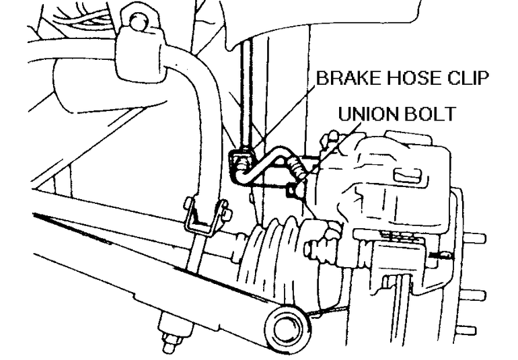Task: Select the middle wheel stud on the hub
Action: pyautogui.click(x=476, y=293)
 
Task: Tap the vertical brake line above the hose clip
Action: pyautogui.click(x=248, y=94)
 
